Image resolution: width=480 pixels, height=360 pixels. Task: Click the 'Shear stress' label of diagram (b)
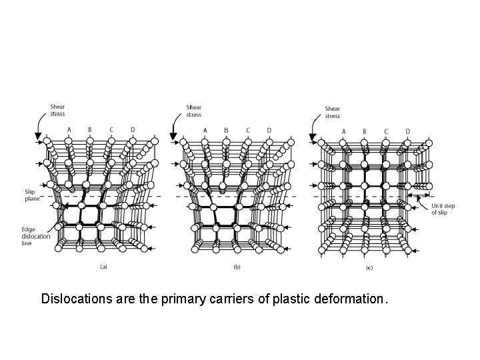tap(194, 111)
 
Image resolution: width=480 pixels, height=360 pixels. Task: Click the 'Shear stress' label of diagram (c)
tap(332, 112)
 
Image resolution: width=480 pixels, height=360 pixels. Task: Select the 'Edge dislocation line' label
tap(33, 237)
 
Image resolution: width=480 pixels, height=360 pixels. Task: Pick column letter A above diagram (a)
tap(69, 129)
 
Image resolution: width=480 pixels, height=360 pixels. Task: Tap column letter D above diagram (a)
tap(132, 129)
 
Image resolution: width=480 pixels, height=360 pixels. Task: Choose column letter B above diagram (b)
tap(226, 130)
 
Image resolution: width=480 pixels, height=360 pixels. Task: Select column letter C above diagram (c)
tap(386, 131)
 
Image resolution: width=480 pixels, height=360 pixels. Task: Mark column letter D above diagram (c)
tap(407, 131)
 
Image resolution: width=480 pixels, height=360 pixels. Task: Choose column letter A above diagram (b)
tap(205, 130)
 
